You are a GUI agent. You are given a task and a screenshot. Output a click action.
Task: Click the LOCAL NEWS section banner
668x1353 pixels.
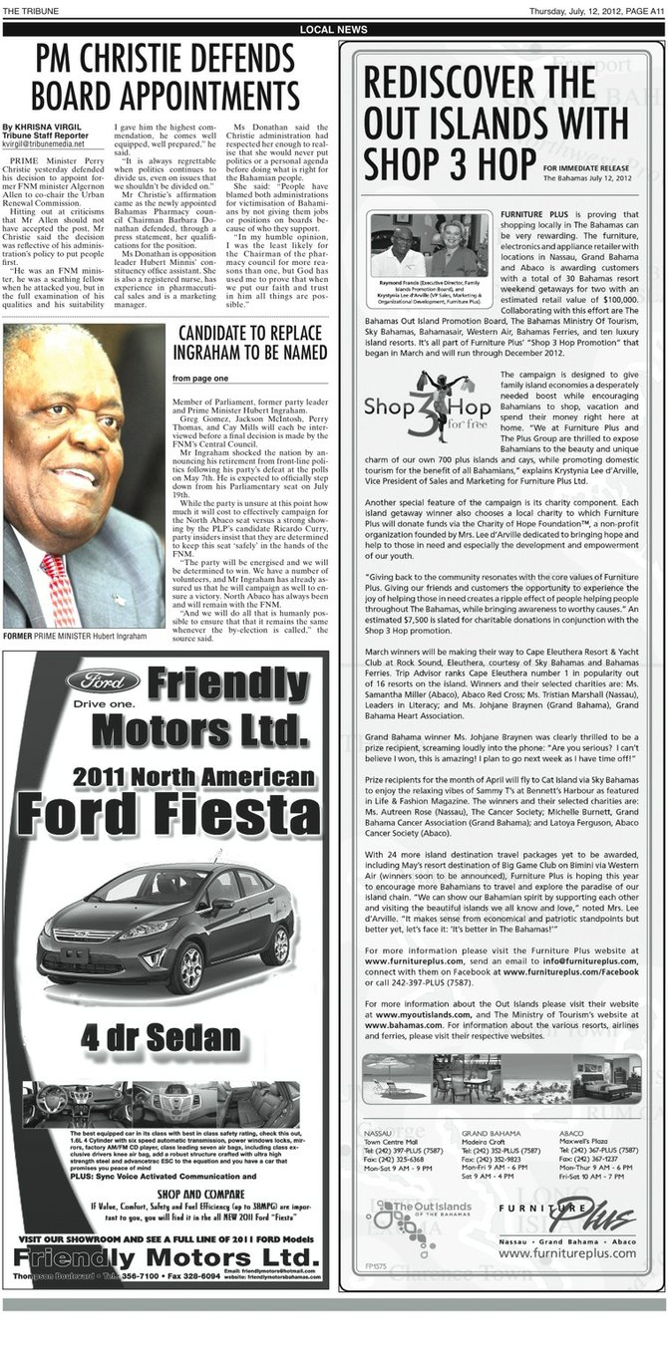click(333, 30)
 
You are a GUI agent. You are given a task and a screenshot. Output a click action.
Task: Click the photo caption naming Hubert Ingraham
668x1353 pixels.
click(83, 635)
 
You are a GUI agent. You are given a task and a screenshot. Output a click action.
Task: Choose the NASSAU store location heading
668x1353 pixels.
click(379, 1134)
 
